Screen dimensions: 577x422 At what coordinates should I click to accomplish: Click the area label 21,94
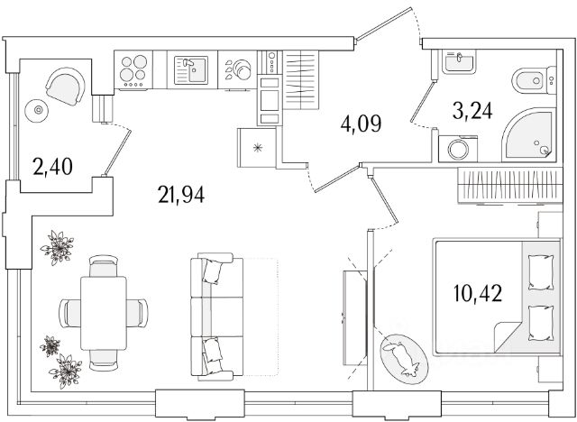pos(181,194)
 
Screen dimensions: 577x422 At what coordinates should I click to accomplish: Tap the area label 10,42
pos(478,293)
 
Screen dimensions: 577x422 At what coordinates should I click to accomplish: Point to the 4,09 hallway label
pos(361,124)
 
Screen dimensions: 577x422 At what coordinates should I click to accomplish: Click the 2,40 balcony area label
pos(52,166)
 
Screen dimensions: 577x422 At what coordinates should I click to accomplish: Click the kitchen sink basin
pos(191,70)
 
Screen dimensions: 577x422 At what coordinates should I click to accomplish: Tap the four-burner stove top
pos(133,69)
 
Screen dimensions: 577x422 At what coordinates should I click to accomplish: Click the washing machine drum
pos(458,150)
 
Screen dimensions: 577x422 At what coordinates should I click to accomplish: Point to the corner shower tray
pos(529,134)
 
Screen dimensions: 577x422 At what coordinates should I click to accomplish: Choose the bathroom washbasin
pos(459,62)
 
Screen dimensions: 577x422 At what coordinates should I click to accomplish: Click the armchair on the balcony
pos(66,87)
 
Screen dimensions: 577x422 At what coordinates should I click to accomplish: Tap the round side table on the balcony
pos(37,110)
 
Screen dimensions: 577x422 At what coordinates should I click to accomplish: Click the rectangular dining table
pos(104,313)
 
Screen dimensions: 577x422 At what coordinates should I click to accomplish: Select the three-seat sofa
pos(216,316)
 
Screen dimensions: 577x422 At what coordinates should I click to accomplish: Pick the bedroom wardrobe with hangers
pos(510,185)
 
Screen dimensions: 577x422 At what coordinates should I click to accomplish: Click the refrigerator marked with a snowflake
pos(257,148)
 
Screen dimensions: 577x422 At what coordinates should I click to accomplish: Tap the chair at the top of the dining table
pos(104,266)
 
